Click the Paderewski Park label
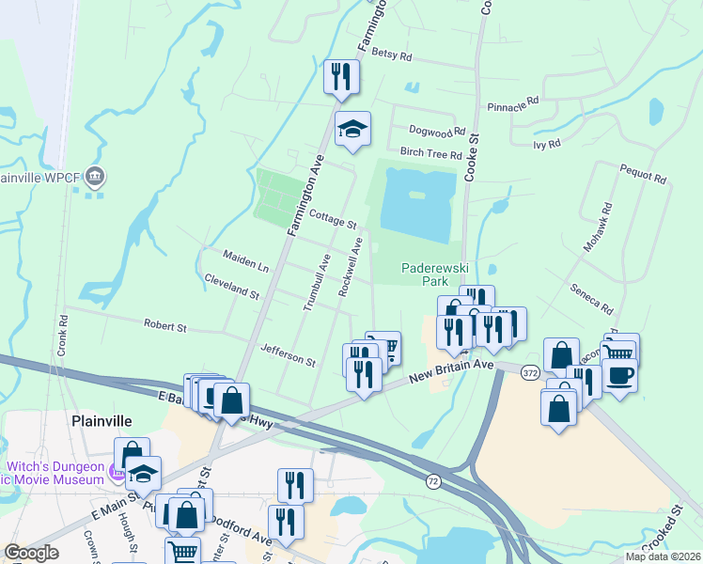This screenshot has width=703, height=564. [x=433, y=274]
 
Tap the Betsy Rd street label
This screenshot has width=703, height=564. [x=392, y=55]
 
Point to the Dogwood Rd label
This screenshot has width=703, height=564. [x=437, y=132]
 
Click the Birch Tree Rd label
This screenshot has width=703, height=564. [x=430, y=154]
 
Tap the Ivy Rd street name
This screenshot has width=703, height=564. [x=546, y=144]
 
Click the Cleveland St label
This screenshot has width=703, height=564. [x=231, y=287]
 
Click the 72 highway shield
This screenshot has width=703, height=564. [x=432, y=481]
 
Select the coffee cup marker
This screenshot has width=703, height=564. [x=619, y=376]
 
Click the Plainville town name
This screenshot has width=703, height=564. [x=101, y=420]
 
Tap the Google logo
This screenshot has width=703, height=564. [x=32, y=553]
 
